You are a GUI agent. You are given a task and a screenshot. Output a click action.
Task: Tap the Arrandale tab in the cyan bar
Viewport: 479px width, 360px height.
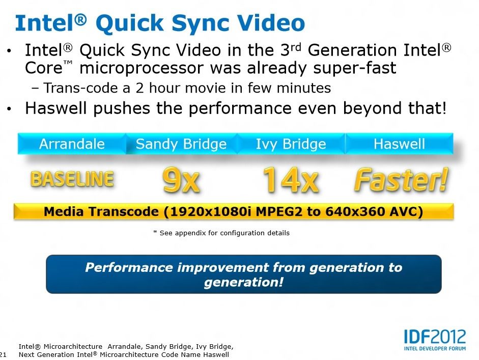click(72, 144)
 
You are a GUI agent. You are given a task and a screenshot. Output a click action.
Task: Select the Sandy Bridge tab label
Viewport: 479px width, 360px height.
click(181, 144)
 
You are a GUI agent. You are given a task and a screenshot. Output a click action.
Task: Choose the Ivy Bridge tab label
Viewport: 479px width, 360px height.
click(291, 144)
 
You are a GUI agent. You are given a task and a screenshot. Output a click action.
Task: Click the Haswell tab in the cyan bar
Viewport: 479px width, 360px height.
click(399, 144)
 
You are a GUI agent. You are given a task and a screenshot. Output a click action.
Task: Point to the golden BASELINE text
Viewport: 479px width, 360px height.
click(72, 179)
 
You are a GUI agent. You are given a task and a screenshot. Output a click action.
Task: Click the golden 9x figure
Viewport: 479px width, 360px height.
click(181, 180)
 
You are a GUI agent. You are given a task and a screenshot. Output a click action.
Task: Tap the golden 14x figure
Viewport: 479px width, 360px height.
click(291, 180)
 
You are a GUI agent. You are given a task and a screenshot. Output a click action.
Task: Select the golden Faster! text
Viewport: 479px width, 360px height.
click(401, 180)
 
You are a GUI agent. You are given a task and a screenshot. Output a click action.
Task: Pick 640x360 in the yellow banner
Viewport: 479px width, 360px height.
click(350, 211)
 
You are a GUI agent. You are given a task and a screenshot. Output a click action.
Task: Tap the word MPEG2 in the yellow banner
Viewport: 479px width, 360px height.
click(278, 211)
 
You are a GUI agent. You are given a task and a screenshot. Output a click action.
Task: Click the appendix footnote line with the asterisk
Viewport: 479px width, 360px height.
click(221, 233)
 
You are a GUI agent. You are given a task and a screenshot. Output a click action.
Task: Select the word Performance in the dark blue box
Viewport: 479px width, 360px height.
click(129, 268)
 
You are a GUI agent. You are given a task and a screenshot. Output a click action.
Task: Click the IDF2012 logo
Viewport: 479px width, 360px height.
click(435, 340)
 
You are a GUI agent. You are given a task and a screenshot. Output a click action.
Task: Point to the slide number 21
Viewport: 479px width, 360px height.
click(3, 355)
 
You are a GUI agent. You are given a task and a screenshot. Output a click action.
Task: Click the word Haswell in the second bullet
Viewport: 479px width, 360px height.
click(57, 108)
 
